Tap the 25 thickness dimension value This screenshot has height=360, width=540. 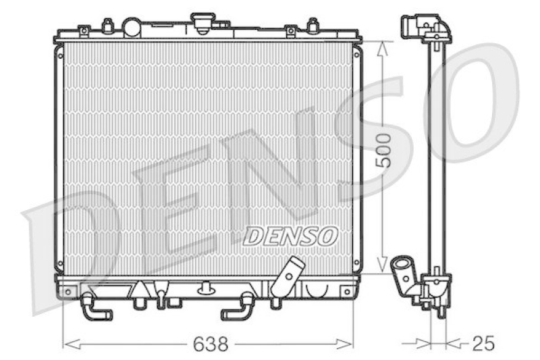point(483,344)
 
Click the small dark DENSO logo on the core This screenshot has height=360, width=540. point(290,236)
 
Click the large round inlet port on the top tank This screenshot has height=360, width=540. point(132,28)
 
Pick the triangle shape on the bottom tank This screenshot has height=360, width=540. point(139,289)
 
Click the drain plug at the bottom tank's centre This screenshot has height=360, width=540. point(205,291)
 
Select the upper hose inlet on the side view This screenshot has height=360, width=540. point(413,27)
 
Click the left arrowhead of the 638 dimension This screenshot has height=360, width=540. point(66,344)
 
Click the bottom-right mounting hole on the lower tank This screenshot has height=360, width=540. point(347,292)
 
